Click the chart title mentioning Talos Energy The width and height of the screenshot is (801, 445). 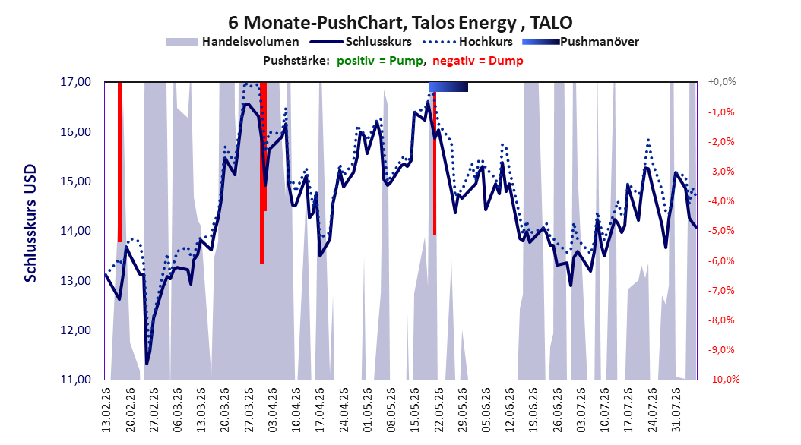click(x=400, y=23)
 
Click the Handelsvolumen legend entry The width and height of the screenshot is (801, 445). click(x=233, y=42)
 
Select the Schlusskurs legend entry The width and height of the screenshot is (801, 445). click(x=361, y=42)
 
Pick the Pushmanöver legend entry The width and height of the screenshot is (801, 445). click(x=581, y=42)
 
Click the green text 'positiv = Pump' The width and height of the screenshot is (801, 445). click(x=380, y=61)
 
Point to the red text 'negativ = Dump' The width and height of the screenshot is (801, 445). click(x=478, y=61)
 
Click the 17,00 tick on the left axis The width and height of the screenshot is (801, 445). click(x=75, y=82)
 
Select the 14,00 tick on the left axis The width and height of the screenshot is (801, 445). click(x=75, y=231)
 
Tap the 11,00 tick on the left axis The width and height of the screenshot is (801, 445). click(x=75, y=380)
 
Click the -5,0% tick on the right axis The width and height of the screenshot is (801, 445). click(x=721, y=231)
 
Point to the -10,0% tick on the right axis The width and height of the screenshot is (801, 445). click(x=723, y=379)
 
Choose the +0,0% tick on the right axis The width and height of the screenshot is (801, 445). click(x=722, y=82)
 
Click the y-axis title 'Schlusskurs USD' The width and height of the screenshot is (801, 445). click(x=30, y=223)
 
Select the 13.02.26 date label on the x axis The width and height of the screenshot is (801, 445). click(x=106, y=410)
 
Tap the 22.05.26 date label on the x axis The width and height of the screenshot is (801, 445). click(x=438, y=410)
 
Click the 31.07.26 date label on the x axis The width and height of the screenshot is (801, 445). click(x=676, y=410)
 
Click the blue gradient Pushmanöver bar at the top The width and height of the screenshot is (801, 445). click(x=448, y=87)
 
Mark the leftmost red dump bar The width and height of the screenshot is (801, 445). click(x=119, y=162)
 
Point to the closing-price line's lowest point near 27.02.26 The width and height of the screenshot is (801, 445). click(x=147, y=364)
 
